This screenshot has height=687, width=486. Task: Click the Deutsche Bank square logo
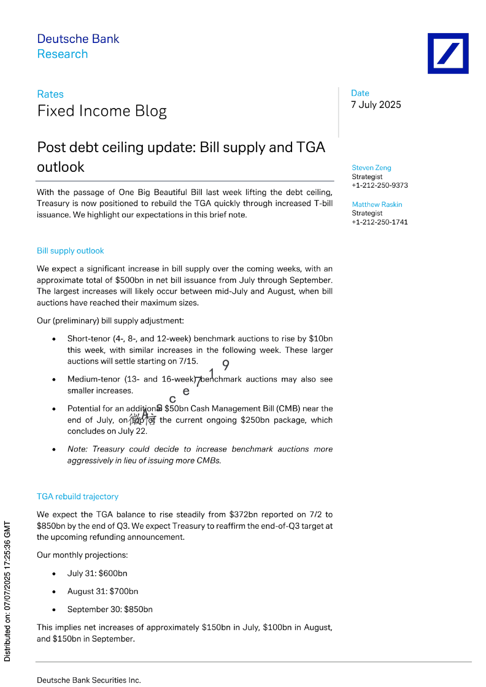448,54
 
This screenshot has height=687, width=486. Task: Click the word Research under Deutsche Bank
63,54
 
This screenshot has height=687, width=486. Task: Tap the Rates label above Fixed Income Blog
50,94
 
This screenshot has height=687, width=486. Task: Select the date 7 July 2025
376,105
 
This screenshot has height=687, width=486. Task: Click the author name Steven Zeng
371,168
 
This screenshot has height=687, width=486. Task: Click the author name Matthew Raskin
377,204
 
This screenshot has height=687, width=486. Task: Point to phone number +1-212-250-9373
380,185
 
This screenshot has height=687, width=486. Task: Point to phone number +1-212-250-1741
380,222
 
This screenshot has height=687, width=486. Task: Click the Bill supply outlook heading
70,251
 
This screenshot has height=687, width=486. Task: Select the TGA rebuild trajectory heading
78,496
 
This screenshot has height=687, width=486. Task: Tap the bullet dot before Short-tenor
54,339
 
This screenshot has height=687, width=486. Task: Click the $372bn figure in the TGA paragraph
243,514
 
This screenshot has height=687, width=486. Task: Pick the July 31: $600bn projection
97,573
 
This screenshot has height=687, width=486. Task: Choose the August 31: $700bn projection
103,591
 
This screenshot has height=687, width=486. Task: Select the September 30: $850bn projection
110,609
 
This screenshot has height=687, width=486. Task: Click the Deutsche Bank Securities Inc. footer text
89,680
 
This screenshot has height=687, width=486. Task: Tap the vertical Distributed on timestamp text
7,591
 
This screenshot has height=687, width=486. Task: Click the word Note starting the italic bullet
77,449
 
